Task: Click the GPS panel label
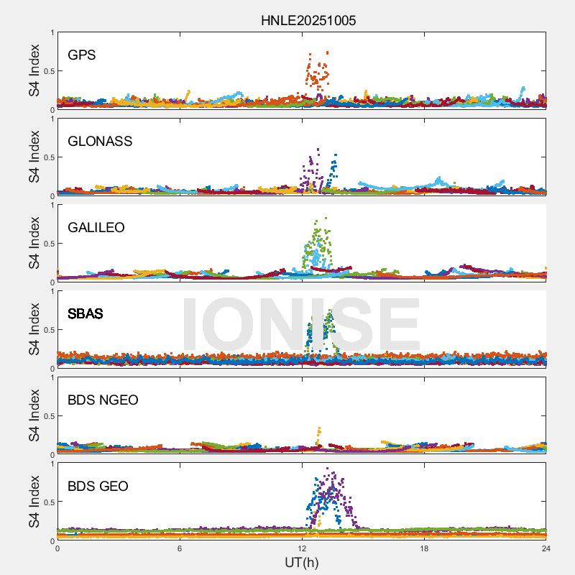pyautogui.click(x=82, y=55)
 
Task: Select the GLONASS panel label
pyautogui.click(x=100, y=142)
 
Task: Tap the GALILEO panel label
pyautogui.click(x=96, y=228)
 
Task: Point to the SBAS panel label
pyautogui.click(x=86, y=314)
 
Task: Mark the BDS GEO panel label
pyautogui.click(x=98, y=487)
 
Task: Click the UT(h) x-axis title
pyautogui.click(x=302, y=562)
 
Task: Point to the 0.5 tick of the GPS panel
pyautogui.click(x=48, y=71)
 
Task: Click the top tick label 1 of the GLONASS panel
pyautogui.click(x=52, y=119)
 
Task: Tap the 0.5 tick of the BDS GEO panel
pyautogui.click(x=48, y=502)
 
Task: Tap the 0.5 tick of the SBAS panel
pyautogui.click(x=48, y=330)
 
